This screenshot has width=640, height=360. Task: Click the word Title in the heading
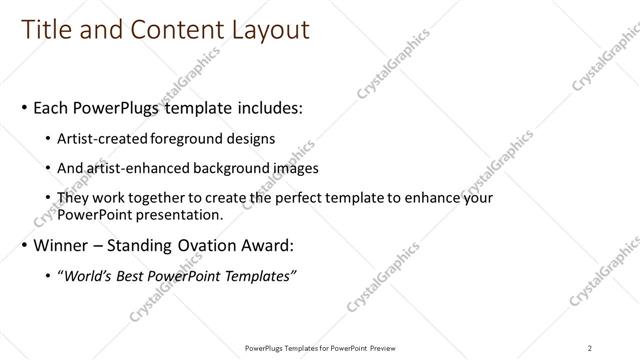point(47,31)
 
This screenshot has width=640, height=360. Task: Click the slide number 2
point(590,348)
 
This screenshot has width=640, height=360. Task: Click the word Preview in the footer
point(380,348)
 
